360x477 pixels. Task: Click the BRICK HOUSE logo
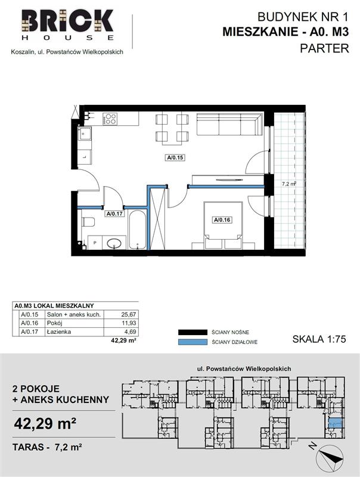[67, 25]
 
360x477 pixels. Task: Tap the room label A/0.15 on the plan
[175, 157]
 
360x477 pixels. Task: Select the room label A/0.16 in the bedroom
[222, 219]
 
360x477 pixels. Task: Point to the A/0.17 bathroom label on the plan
[114, 213]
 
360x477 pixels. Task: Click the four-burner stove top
[110, 119]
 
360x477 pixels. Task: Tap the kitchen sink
[85, 134]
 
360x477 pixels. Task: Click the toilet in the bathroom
[88, 222]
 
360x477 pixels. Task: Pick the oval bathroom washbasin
[114, 243]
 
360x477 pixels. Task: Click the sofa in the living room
[229, 124]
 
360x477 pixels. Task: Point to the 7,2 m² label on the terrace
[289, 184]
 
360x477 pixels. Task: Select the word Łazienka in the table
[58, 332]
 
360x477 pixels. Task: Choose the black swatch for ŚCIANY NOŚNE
[192, 332]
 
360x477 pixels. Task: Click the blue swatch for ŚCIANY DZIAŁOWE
[192, 342]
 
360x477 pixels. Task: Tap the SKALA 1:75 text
[319, 339]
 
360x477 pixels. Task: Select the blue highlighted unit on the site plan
[336, 423]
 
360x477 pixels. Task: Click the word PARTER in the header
[324, 48]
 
